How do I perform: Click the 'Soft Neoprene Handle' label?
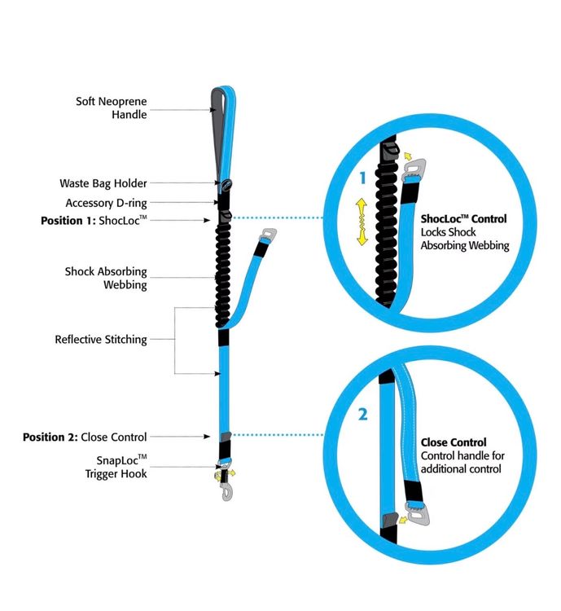tap(112, 108)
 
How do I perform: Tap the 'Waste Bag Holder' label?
tap(103, 183)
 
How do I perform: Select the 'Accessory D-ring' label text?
tap(106, 203)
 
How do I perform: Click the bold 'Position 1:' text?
tap(68, 221)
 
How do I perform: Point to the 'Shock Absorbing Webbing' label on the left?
tap(106, 278)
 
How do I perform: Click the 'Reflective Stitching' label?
tap(101, 340)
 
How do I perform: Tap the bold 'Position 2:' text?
tap(50, 437)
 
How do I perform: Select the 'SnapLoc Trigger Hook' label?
tap(116, 467)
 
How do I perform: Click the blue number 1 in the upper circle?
tap(363, 178)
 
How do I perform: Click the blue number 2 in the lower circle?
tap(362, 414)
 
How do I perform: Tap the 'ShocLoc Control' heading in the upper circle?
tap(463, 219)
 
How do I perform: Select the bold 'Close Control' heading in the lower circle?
tap(454, 442)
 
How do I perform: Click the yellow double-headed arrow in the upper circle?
tap(362, 222)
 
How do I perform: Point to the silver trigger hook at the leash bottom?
tap(226, 492)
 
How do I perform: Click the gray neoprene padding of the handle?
tap(217, 129)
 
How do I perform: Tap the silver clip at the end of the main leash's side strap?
tap(269, 235)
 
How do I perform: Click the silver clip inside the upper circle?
tap(414, 170)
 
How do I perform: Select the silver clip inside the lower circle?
tap(418, 514)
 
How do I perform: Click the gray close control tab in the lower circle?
tap(390, 520)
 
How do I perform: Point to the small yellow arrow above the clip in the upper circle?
tap(407, 156)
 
